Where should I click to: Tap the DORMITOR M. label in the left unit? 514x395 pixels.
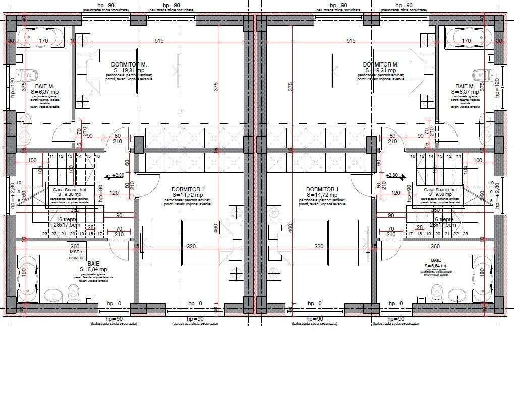(x=129, y=64)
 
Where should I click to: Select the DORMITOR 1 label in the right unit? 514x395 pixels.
(x=322, y=189)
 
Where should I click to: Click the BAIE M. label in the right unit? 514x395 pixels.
(x=465, y=86)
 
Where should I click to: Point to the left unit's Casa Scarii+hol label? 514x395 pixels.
(x=66, y=189)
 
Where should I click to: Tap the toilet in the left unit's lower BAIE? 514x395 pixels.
(x=74, y=291)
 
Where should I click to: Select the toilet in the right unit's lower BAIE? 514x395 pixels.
(x=437, y=291)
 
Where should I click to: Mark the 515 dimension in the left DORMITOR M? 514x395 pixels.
(x=160, y=41)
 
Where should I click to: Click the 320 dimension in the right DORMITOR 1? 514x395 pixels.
(x=319, y=247)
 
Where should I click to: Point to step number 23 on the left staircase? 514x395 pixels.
(x=45, y=234)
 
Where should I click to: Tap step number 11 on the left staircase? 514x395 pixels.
(x=50, y=157)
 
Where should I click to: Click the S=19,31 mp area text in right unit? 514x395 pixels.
(x=381, y=70)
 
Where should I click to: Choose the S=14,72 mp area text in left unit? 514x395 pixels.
(x=187, y=195)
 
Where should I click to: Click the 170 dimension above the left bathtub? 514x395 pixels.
(x=44, y=41)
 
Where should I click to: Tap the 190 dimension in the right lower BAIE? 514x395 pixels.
(x=482, y=271)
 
